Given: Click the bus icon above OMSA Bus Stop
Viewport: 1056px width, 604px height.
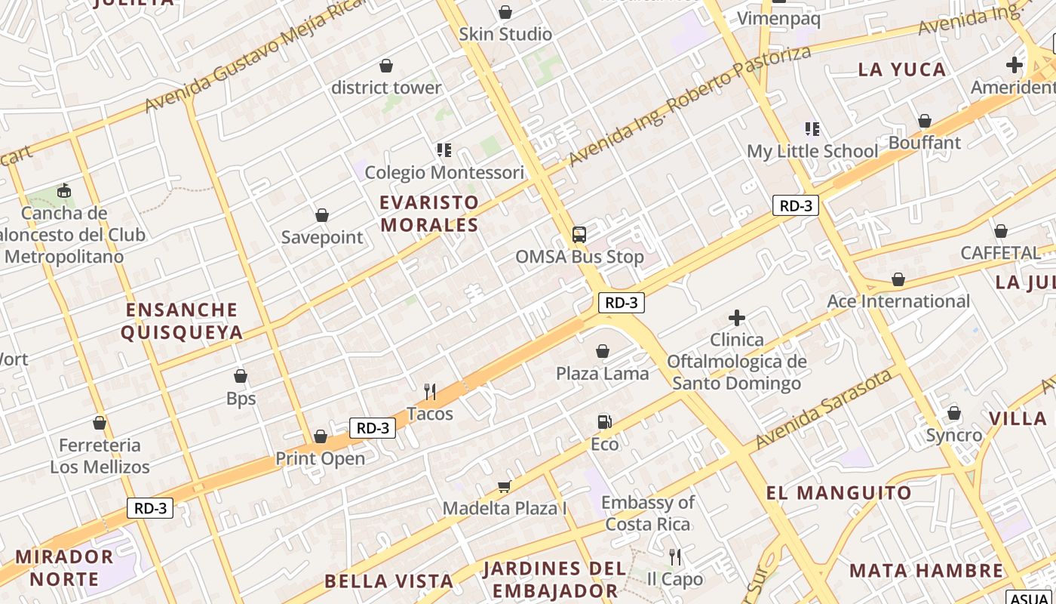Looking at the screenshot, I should click(x=579, y=234).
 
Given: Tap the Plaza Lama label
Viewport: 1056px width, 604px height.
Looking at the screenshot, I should click(x=602, y=373).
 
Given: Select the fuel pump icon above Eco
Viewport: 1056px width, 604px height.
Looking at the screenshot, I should click(x=603, y=422).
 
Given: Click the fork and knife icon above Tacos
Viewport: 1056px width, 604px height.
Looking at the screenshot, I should click(x=430, y=391).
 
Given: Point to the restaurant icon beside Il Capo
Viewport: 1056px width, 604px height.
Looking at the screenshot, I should click(x=675, y=557).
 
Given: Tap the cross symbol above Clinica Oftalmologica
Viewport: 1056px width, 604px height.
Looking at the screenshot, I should click(x=737, y=318).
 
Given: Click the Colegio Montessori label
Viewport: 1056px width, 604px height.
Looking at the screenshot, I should click(x=444, y=173).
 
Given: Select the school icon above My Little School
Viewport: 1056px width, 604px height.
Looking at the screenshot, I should click(x=812, y=129).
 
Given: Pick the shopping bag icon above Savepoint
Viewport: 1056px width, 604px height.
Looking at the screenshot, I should click(x=322, y=215).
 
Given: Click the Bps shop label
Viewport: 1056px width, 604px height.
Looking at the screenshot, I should click(x=241, y=399).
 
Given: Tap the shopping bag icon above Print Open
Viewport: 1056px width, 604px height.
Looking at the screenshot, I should click(x=321, y=436).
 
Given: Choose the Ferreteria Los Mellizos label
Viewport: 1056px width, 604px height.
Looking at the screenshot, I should click(x=100, y=456).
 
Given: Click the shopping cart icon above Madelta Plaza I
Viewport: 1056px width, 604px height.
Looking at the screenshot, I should click(x=504, y=487).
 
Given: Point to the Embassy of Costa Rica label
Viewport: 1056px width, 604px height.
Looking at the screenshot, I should click(x=648, y=513).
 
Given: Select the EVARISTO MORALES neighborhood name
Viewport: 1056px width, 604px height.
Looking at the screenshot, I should click(x=429, y=214).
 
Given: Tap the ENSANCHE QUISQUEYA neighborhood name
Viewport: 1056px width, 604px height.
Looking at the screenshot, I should click(x=182, y=321).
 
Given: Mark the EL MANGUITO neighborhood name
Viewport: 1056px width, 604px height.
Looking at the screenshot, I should click(x=839, y=493).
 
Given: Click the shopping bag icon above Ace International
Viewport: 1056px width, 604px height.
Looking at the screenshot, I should click(x=898, y=280).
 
